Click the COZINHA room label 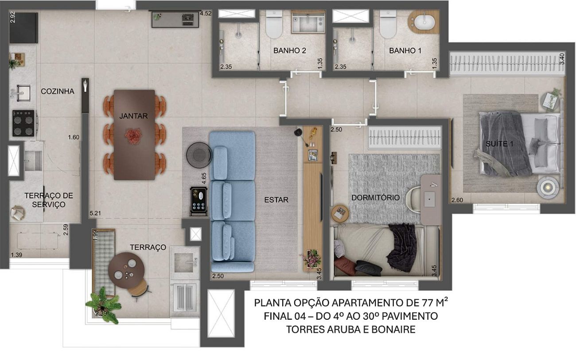(x=58, y=91)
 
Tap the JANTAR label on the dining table (x=133, y=116)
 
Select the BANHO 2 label (x=289, y=50)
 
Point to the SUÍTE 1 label (x=499, y=143)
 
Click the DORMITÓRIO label (x=375, y=197)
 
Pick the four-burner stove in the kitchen (x=23, y=124)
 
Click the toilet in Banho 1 (x=388, y=24)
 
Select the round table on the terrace (x=126, y=271)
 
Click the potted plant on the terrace (x=103, y=305)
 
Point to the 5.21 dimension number (x=95, y=213)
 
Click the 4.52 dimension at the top (x=206, y=13)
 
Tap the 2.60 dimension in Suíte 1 (x=457, y=200)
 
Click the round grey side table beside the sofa (x=199, y=155)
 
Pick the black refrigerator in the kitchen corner (x=23, y=28)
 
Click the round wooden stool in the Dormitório (x=340, y=213)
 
